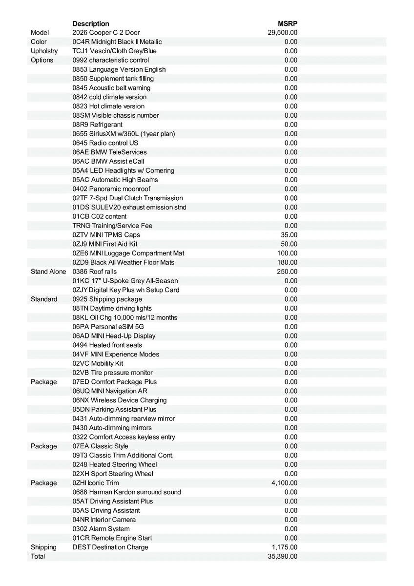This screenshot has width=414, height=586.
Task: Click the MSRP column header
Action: point(288,23)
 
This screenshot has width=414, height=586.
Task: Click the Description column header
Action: point(91,23)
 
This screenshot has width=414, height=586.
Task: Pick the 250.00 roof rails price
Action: point(287,272)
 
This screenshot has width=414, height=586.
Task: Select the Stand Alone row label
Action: point(48,272)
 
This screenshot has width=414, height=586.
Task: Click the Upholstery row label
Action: point(44,51)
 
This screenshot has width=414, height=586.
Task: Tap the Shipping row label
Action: point(44,547)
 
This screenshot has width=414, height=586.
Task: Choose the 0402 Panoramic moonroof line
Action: point(111,189)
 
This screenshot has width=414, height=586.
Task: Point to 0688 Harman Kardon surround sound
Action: point(126,492)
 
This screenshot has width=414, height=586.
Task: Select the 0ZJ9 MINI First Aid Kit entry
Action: point(105,244)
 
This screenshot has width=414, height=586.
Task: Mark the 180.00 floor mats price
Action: point(287,262)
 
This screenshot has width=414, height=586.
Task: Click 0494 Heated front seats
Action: point(107,345)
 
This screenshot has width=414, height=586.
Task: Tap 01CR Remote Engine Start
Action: point(112,538)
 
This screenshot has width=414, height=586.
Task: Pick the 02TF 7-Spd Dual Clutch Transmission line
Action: point(128,198)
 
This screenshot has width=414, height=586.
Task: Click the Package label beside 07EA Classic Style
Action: point(44,446)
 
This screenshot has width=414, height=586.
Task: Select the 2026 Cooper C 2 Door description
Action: point(106,33)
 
